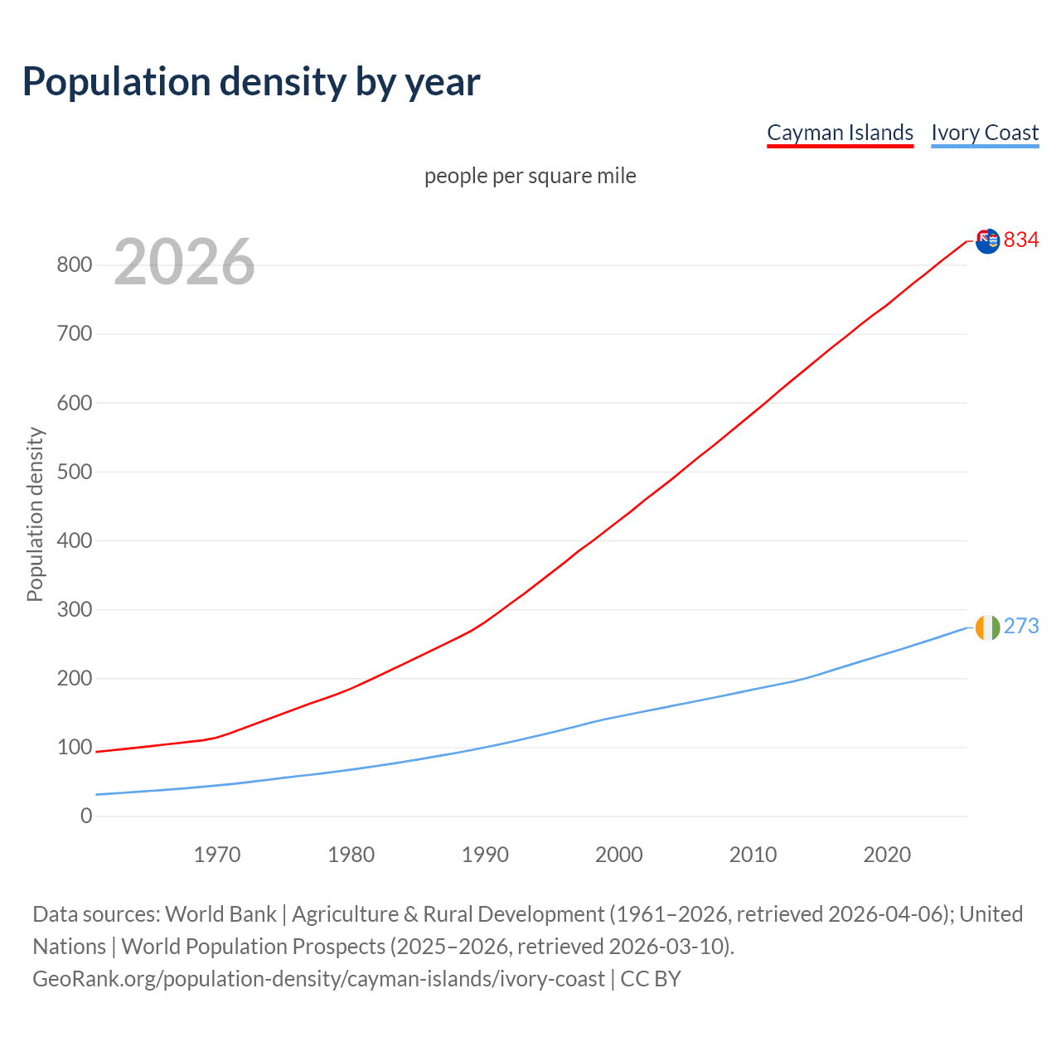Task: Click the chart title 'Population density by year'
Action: point(251,81)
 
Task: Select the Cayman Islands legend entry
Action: point(840,133)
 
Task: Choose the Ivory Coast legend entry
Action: point(985,133)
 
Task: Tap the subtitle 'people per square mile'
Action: point(530,176)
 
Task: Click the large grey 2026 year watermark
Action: point(184,262)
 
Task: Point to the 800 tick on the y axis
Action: point(74,265)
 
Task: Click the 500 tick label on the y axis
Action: point(74,472)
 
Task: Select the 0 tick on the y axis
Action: point(86,816)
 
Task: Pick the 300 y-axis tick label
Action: point(74,609)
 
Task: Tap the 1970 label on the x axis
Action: point(217,855)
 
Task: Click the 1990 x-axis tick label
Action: point(485,855)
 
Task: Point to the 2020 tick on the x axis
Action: point(887,855)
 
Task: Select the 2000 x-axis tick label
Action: point(619,855)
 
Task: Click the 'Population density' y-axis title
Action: point(35,514)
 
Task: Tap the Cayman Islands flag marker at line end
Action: point(987,241)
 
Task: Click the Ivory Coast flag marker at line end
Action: point(987,627)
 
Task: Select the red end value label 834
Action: point(1021,240)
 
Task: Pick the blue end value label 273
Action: point(1021,627)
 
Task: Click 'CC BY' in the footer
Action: point(651,979)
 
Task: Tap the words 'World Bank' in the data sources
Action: point(220,914)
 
